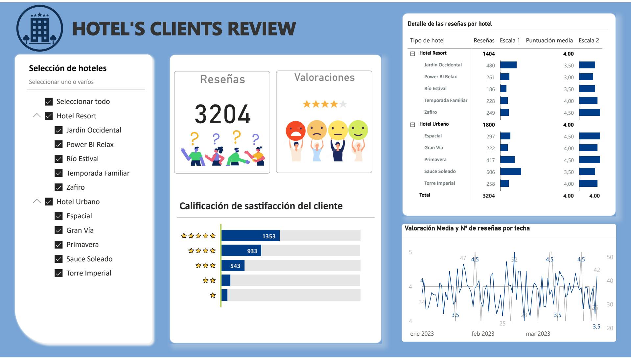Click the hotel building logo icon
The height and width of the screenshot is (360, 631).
(40, 28)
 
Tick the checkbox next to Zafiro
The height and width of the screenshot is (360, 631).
(58, 187)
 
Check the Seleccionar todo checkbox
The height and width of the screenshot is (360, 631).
(49, 102)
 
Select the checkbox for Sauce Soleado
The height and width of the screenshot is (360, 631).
(58, 259)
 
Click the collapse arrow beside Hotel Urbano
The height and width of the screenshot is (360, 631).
(37, 202)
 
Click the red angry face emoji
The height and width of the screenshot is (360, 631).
(295, 131)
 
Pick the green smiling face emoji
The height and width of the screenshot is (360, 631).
(358, 130)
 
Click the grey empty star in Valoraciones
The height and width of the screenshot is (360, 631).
(343, 104)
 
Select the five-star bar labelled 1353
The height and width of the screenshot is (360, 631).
(250, 236)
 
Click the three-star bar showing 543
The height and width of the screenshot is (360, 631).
(233, 266)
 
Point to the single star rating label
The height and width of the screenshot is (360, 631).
(213, 295)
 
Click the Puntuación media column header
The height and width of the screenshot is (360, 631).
(549, 40)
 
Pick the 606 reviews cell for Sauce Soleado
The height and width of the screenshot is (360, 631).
(490, 172)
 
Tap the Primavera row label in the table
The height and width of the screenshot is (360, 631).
(435, 160)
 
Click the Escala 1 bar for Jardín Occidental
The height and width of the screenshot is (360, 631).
(508, 65)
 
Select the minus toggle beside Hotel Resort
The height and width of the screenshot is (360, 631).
(413, 54)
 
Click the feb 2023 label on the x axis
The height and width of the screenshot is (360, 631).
(483, 334)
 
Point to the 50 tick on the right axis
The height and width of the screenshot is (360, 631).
(610, 257)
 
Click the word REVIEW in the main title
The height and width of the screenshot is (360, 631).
(262, 29)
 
